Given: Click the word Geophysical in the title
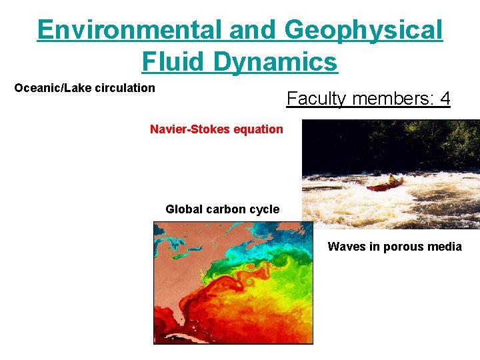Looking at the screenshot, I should click(x=363, y=30).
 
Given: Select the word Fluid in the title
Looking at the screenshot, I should click(x=175, y=62).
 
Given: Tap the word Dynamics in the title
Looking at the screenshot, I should click(x=276, y=62).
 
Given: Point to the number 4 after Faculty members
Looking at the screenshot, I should click(x=445, y=99).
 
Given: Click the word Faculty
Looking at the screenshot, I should click(x=316, y=99).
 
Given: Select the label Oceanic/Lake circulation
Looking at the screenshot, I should click(x=85, y=88).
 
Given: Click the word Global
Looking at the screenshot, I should click(x=183, y=209).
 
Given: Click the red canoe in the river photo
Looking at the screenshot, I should click(x=385, y=185).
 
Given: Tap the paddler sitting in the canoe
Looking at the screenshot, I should click(x=391, y=179).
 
